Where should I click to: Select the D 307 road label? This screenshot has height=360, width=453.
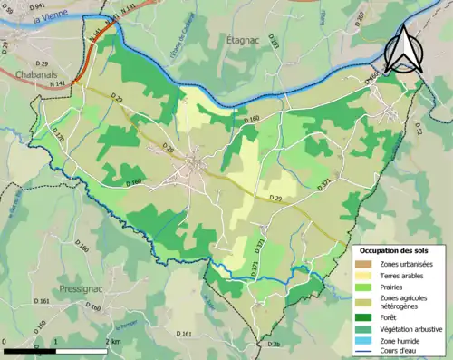[360, 17]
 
